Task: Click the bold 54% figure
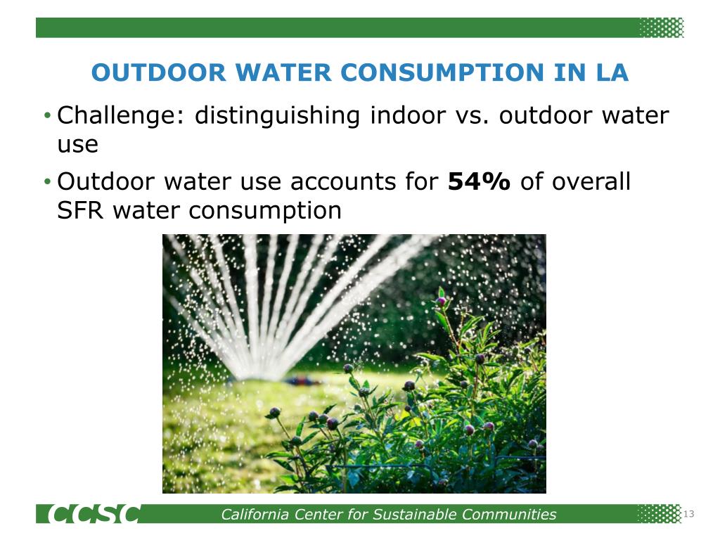[479, 181]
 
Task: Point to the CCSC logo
[94, 515]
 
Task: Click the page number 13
[688, 515]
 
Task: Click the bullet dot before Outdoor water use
[46, 183]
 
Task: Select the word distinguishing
[278, 115]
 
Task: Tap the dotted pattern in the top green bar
[661, 27]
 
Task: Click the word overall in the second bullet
[591, 181]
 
